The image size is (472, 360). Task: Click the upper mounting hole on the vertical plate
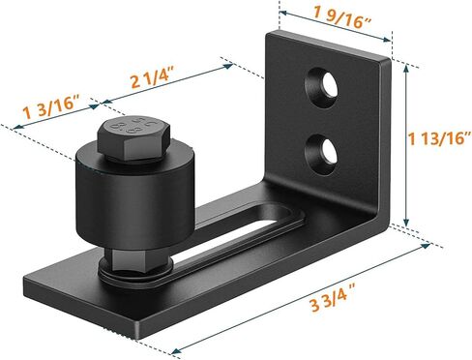click(x=323, y=85)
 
